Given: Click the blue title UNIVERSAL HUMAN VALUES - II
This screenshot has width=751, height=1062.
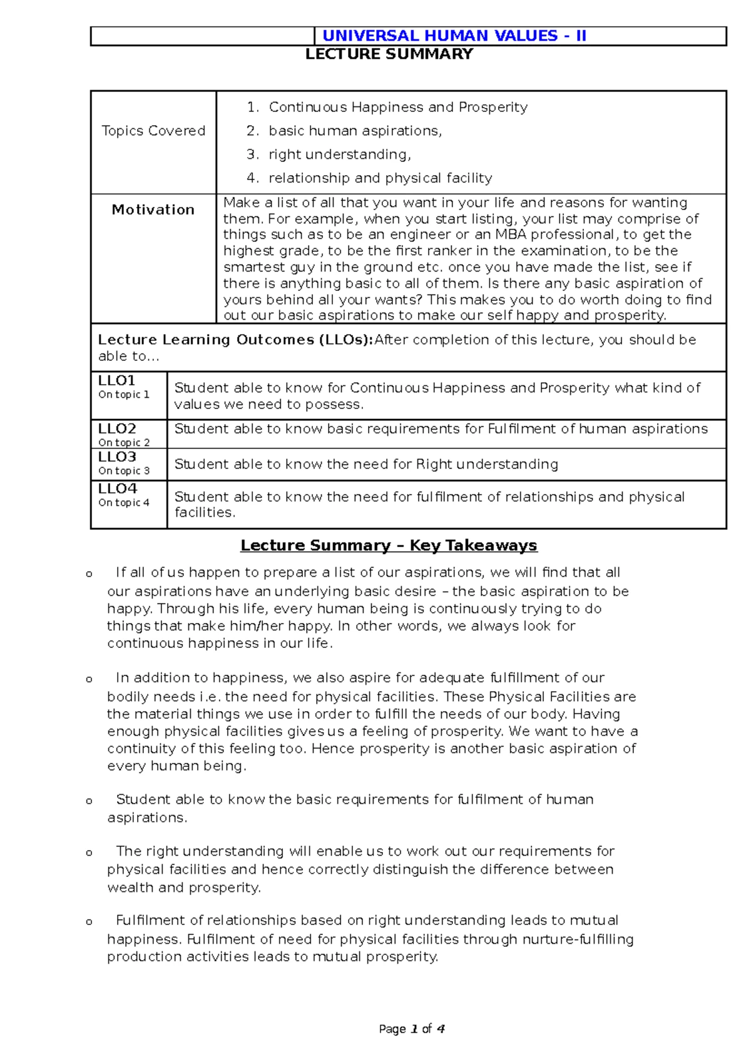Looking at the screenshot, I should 454,36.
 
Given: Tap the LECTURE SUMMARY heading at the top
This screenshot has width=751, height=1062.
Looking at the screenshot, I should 389,54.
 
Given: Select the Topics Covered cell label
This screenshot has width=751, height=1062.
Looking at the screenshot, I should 153,131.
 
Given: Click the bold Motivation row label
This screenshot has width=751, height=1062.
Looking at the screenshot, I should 153,210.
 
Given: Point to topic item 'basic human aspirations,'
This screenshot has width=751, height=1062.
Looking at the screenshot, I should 355,131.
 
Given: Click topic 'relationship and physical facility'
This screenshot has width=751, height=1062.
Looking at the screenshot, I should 380,178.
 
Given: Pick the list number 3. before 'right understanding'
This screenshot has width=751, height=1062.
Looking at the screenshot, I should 252,154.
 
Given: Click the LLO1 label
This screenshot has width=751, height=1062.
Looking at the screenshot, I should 116,380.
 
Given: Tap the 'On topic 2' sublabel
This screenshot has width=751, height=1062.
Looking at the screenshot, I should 124,442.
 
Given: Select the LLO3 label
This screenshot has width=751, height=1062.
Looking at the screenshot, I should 117,457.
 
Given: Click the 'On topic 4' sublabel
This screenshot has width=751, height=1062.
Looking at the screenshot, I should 124,502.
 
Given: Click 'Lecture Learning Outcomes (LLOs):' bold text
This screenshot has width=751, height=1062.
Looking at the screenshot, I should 235,340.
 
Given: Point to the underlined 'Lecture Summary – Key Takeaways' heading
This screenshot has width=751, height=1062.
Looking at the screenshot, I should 389,545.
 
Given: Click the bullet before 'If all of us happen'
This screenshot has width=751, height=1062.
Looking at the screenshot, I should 89,574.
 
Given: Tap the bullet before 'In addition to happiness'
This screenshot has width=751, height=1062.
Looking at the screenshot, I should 89,679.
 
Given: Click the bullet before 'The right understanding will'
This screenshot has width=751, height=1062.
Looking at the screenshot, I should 89,852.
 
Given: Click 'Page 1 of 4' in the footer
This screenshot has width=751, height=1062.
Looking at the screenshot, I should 412,1029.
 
